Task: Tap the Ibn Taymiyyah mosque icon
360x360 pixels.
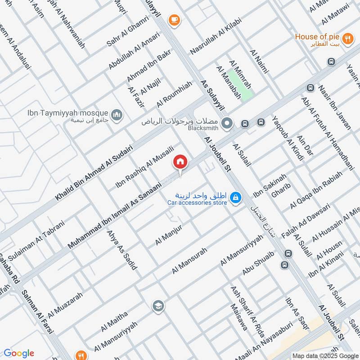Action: coord(117,116)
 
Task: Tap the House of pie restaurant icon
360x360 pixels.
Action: coord(347,39)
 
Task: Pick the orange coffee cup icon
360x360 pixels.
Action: coord(173,20)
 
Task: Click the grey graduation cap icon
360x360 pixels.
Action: coord(158,306)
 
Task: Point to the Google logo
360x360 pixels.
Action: coord(19,353)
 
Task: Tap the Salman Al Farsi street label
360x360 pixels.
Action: coord(38,310)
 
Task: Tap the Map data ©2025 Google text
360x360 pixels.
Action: coord(325,355)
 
